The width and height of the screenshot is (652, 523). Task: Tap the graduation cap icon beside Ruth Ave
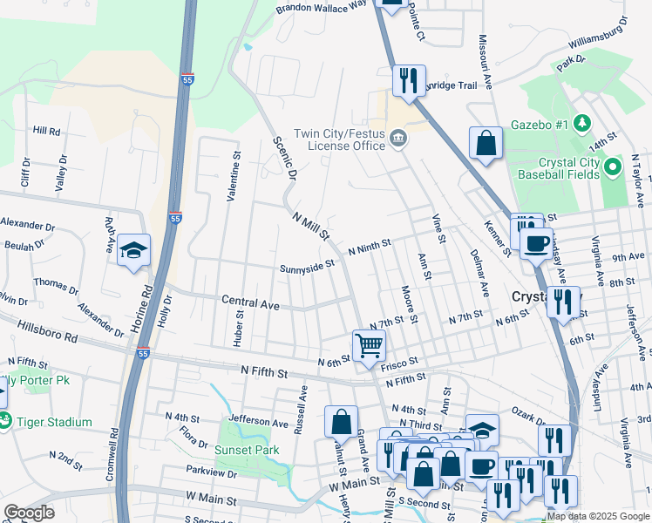coord(133,250)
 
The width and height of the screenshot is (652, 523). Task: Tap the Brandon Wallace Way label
coord(321,7)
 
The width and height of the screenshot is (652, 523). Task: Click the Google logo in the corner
coord(29,513)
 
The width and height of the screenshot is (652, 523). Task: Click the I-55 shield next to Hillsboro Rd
coord(142,353)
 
